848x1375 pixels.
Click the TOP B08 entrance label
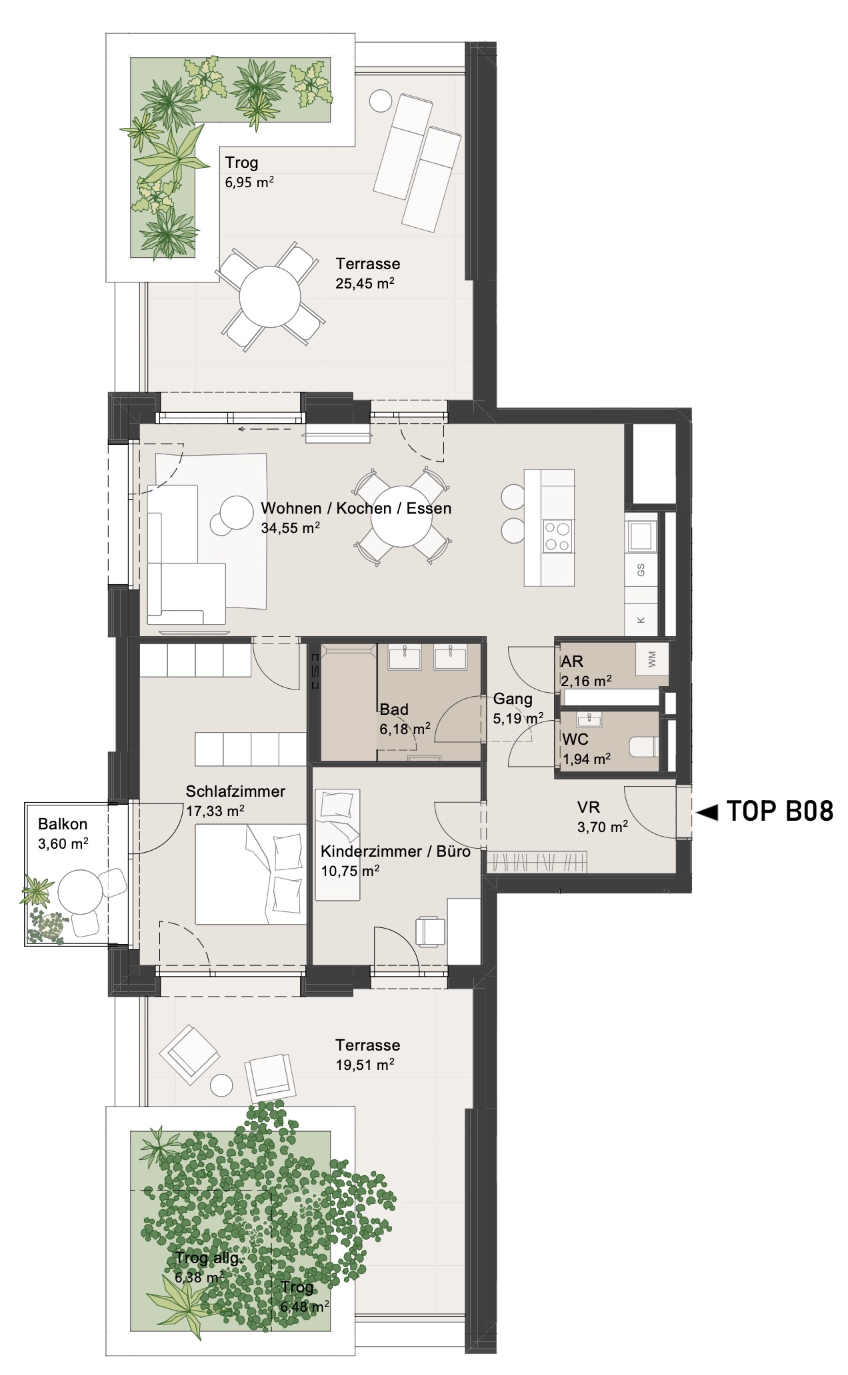coord(779,811)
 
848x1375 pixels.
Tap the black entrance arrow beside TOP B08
coord(707,812)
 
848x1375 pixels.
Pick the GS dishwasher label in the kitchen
coord(641,570)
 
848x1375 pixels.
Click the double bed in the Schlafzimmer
coord(251,874)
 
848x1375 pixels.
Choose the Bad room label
coord(394,709)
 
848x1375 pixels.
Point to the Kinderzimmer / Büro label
coord(395,851)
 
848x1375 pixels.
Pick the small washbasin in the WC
coord(589,719)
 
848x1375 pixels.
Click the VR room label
coord(589,807)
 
